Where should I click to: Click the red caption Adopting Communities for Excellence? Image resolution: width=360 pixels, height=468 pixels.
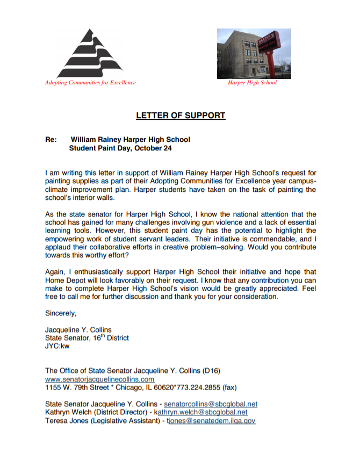click(90, 83)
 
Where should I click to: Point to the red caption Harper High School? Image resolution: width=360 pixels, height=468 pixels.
click(252, 83)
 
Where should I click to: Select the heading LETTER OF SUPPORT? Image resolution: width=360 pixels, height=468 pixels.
click(180, 116)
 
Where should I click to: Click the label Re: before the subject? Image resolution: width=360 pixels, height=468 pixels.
click(51, 140)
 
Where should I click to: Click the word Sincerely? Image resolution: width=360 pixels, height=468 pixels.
click(61, 313)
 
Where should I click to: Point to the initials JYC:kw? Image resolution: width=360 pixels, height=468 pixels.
click(57, 347)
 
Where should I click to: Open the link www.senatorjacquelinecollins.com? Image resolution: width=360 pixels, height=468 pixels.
click(96, 379)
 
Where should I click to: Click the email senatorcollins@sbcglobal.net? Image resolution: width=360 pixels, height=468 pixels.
click(211, 404)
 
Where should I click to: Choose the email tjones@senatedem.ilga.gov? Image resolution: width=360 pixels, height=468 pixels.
click(211, 421)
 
